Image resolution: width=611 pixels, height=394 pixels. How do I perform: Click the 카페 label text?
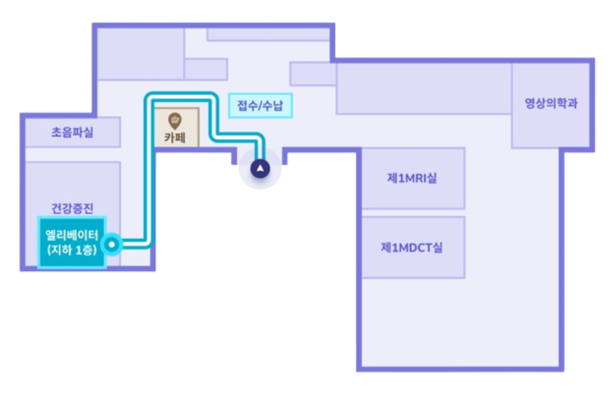coord(174,137)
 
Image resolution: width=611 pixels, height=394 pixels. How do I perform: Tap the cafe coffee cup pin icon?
coord(174,120)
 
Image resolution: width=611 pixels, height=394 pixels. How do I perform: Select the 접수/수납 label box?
coord(260,105)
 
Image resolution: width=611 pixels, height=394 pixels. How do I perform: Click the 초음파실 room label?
coord(72,133)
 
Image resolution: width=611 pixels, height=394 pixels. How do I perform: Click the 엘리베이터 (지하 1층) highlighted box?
coord(72,243)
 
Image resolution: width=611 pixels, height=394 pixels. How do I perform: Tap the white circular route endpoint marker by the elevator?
coord(113,243)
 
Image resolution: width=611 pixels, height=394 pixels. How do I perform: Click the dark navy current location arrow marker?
coord(260,169)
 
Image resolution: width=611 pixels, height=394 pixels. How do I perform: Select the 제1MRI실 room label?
coord(412,178)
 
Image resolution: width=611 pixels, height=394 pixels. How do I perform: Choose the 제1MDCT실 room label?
coord(412,247)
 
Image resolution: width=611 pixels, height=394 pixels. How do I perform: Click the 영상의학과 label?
coord(550,103)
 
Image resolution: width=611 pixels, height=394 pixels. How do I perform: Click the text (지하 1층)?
coord(72,251)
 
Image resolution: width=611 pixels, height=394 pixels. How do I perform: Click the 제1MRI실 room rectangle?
coord(413,192)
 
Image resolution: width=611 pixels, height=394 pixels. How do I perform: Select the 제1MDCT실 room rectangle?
coord(413,263)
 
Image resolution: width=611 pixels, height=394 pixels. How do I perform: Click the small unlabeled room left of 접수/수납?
coord(206,69)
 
